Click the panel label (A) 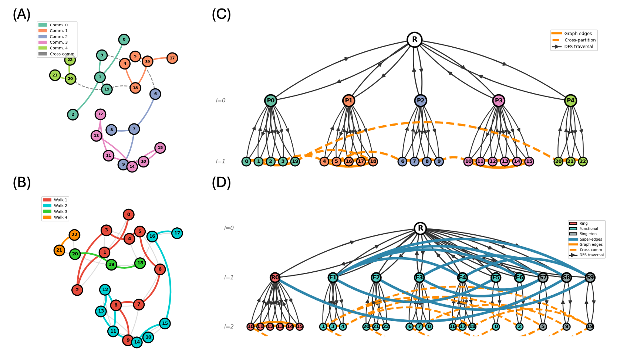pyautogui.click(x=21, y=15)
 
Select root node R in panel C pyautogui.click(x=414, y=40)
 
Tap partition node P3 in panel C pyautogui.click(x=499, y=101)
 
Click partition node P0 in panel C pyautogui.click(x=271, y=101)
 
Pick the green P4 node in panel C pyautogui.click(x=570, y=101)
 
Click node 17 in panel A pyautogui.click(x=172, y=58)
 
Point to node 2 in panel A pyautogui.click(x=73, y=115)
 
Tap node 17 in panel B pyautogui.click(x=177, y=233)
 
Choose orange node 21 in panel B pyautogui.click(x=59, y=250)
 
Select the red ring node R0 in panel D pyautogui.click(x=275, y=278)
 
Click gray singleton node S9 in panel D pyautogui.click(x=590, y=278)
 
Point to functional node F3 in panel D pyautogui.click(x=419, y=278)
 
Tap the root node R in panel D pyautogui.click(x=420, y=228)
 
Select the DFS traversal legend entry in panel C pyautogui.click(x=579, y=47)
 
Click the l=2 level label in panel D pyautogui.click(x=229, y=327)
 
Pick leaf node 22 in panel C pyautogui.click(x=583, y=162)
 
